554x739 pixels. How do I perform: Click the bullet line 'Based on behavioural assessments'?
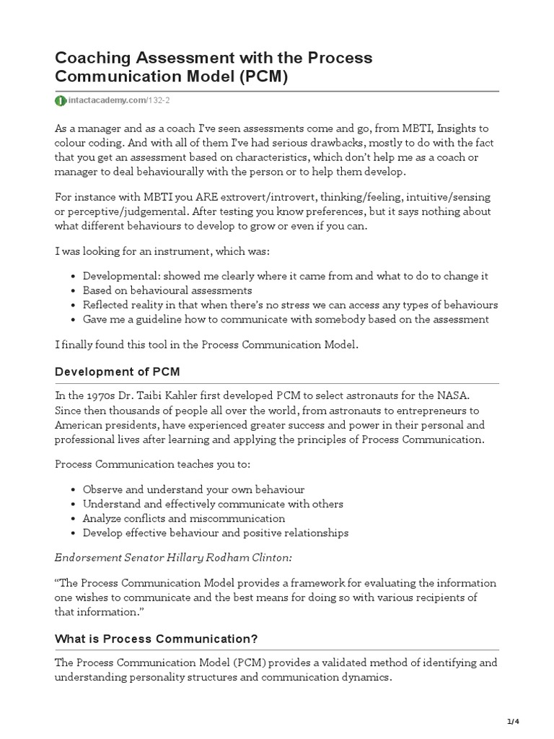167,290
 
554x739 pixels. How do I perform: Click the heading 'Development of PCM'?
118,372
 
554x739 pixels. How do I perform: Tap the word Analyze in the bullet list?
102,518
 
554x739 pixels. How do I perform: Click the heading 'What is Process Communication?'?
157,639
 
